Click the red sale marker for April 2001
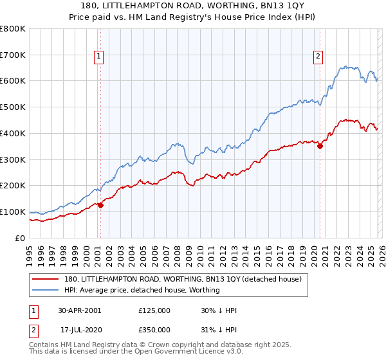tap(100, 205)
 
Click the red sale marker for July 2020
tap(320, 146)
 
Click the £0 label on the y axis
tap(19, 238)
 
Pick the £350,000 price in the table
tap(154, 328)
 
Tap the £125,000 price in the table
tap(154, 310)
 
